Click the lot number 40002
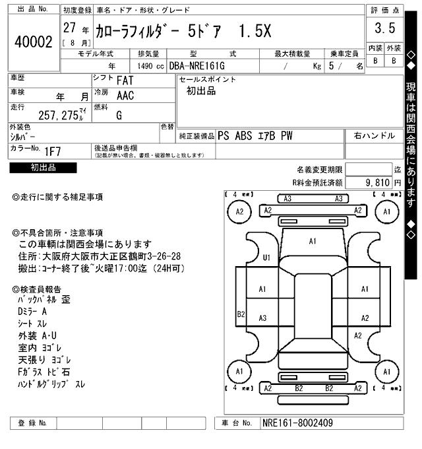click(33, 42)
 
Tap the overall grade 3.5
click(384, 28)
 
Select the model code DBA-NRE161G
click(196, 66)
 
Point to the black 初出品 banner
click(43, 168)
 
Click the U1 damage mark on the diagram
click(267, 257)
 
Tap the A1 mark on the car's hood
click(313, 242)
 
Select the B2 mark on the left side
click(241, 314)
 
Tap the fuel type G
click(119, 115)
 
